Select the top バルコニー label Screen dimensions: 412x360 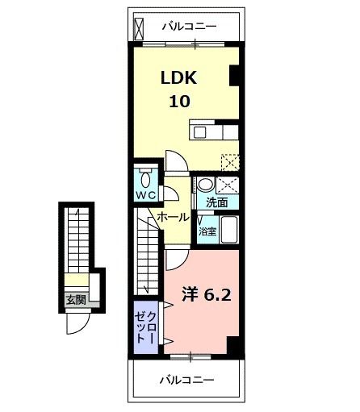pyautogui.click(x=188, y=27)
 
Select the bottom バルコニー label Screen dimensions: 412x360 pyautogui.click(x=186, y=379)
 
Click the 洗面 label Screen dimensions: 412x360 pyautogui.click(x=216, y=202)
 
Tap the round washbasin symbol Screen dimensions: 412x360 pyautogui.click(x=205, y=183)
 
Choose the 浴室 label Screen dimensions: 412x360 pyautogui.click(x=207, y=231)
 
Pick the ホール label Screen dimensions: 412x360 pyautogui.click(x=173, y=218)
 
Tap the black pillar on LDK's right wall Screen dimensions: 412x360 pyautogui.click(x=235, y=77)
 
